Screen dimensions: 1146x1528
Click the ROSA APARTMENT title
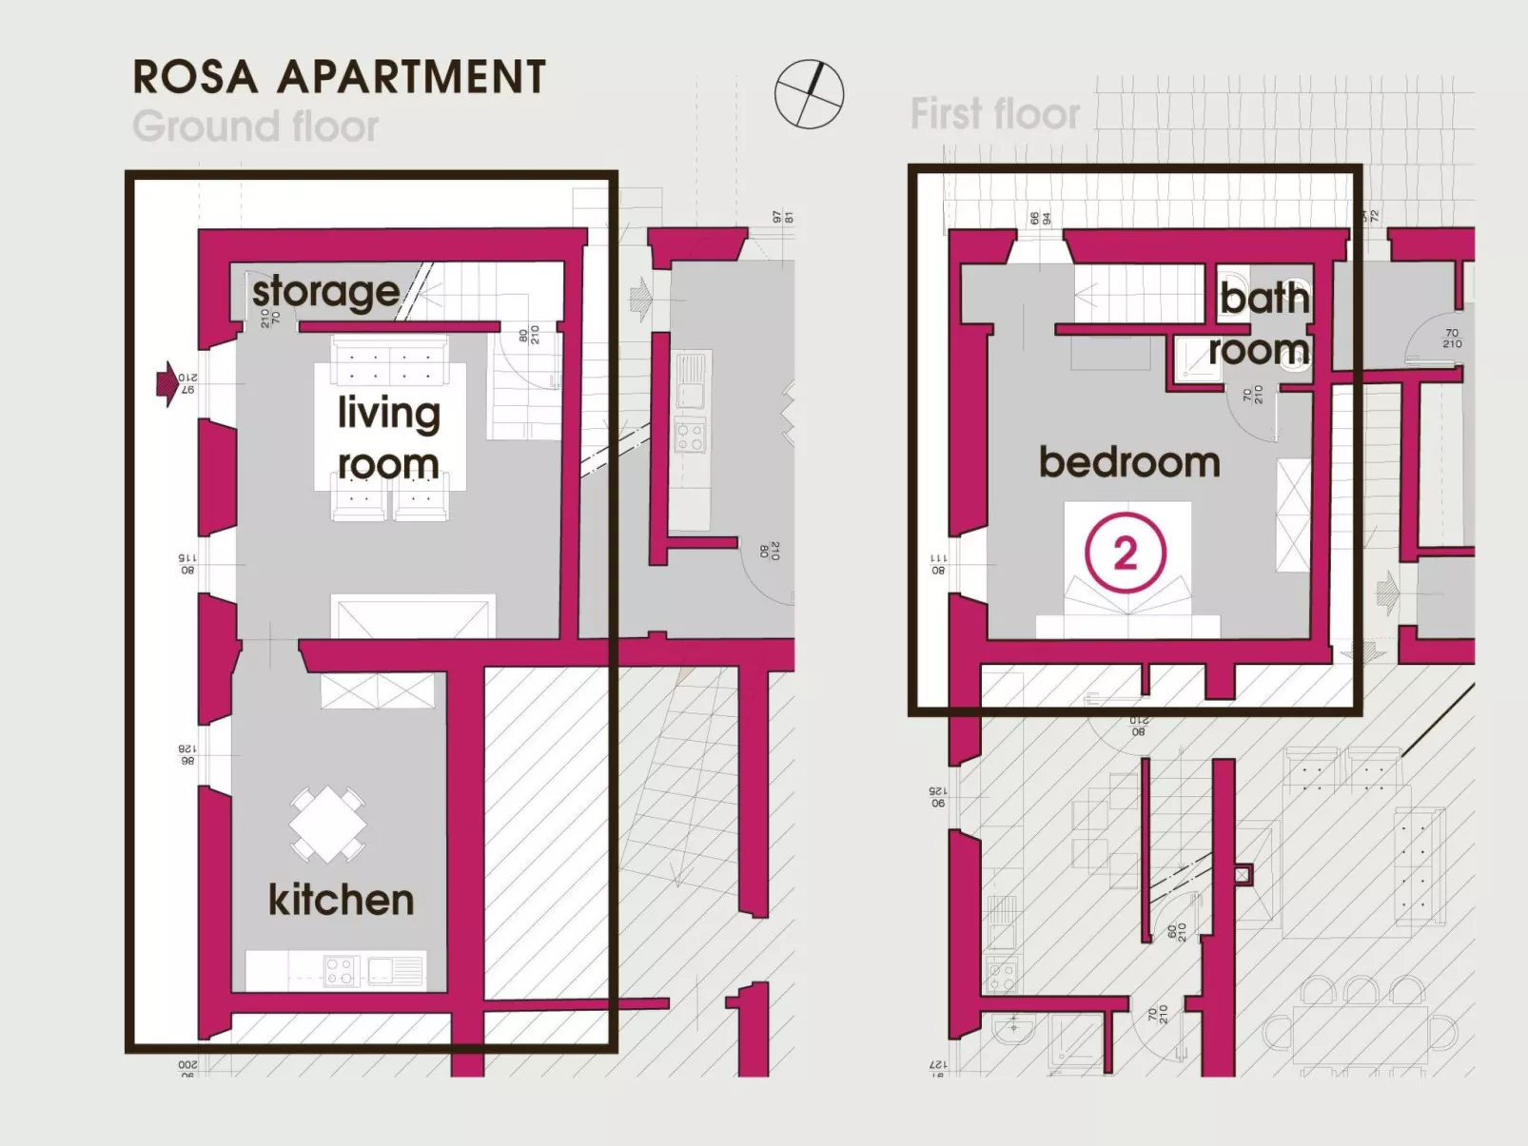click(339, 77)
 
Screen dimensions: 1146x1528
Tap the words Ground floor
click(255, 126)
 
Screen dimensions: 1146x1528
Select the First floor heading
click(994, 114)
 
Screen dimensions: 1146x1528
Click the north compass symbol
click(809, 94)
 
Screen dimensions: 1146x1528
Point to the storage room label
click(325, 292)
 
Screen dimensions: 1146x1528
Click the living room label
click(389, 438)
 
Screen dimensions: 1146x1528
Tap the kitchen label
click(341, 900)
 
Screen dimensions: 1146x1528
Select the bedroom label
click(1128, 462)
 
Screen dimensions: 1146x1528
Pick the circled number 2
click(1126, 553)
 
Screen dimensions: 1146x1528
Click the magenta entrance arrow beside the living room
click(167, 383)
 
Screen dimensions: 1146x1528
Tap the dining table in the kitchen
click(327, 824)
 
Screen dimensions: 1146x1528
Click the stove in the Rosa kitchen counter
click(340, 971)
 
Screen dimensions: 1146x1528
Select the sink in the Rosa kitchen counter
click(390, 970)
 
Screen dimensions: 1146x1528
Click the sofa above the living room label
click(390, 359)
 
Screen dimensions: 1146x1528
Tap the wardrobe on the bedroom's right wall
click(1293, 515)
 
